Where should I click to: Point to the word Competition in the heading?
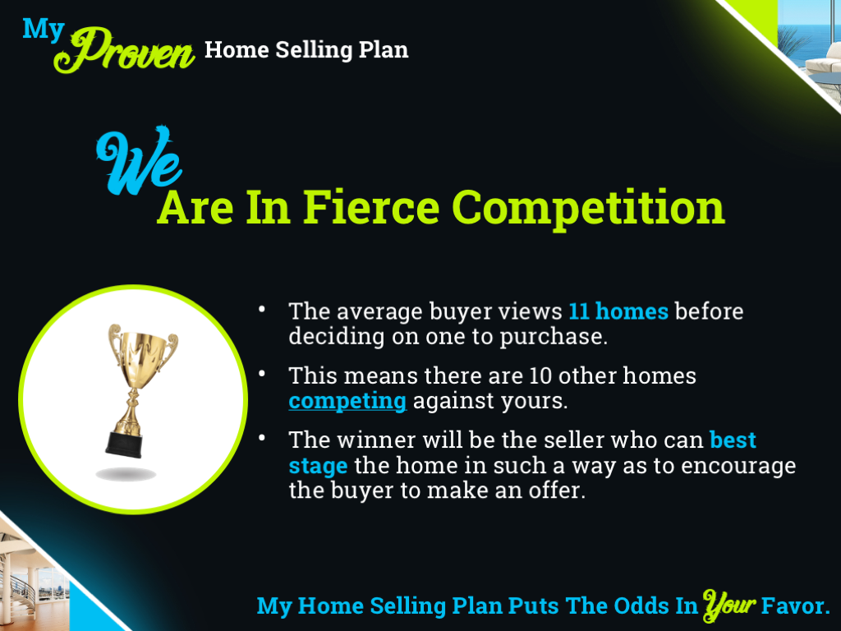[x=589, y=208]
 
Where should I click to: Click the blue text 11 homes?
[x=618, y=312]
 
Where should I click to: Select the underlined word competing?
[x=347, y=401]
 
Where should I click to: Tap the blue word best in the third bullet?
[x=733, y=440]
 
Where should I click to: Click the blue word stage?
[x=318, y=466]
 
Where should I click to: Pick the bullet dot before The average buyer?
[x=261, y=309]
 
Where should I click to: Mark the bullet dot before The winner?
[x=261, y=437]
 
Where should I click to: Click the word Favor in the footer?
[x=794, y=606]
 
